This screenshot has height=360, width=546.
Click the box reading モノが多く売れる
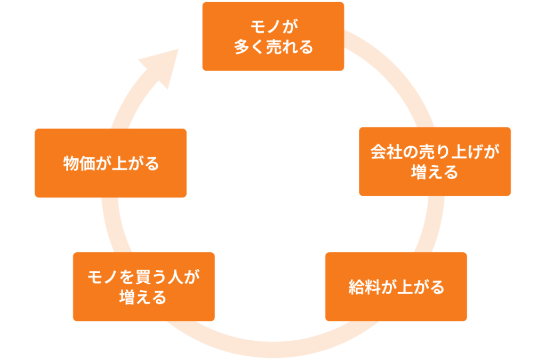click(273, 36)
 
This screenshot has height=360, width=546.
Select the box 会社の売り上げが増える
click(435, 161)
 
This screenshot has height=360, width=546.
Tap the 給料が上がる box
click(396, 287)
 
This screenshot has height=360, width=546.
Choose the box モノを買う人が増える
click(143, 287)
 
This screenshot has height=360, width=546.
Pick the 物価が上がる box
click(110, 163)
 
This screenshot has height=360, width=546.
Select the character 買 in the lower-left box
click(145, 277)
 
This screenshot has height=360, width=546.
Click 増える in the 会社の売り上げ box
click(435, 172)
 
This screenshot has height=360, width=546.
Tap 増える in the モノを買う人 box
click(143, 297)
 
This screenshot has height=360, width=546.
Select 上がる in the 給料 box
click(421, 287)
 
